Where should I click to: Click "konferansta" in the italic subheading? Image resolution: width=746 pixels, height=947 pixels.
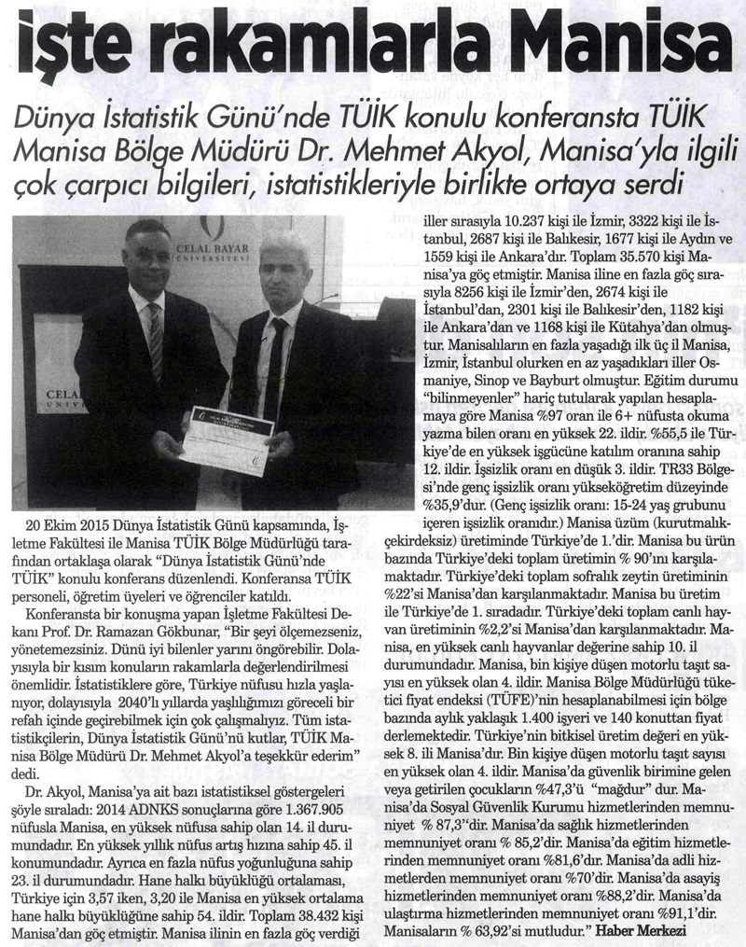click(501, 115)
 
